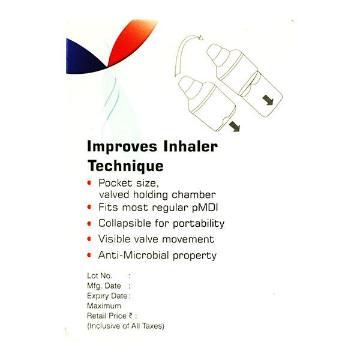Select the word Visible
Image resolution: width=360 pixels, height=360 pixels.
114,239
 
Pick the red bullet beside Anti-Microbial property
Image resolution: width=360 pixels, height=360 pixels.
90,255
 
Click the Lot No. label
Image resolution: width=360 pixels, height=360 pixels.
100,276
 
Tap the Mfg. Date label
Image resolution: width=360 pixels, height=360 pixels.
105,286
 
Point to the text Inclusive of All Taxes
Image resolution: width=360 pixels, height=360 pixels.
125,326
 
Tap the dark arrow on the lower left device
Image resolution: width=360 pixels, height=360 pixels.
233,125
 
